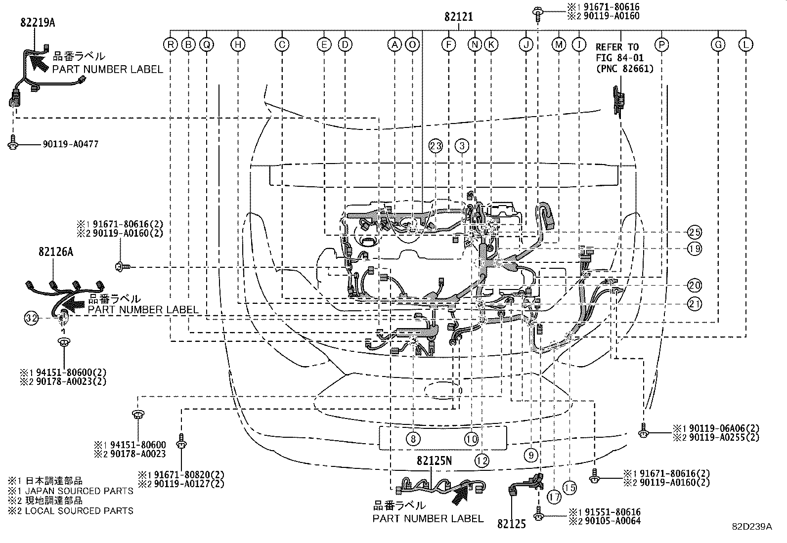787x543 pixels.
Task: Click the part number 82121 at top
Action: pyautogui.click(x=458, y=17)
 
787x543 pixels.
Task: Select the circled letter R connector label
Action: pyautogui.click(x=170, y=45)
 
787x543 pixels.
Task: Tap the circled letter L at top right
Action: pyautogui.click(x=745, y=45)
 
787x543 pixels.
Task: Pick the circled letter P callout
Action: pyautogui.click(x=661, y=45)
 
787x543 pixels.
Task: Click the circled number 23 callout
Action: pyautogui.click(x=435, y=146)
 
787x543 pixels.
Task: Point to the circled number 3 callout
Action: pyautogui.click(x=462, y=146)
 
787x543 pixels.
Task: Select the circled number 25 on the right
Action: pyautogui.click(x=695, y=232)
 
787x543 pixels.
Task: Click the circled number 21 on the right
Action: pyautogui.click(x=695, y=304)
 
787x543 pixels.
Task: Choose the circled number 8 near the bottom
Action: pyautogui.click(x=413, y=438)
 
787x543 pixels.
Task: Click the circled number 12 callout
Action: pyautogui.click(x=482, y=460)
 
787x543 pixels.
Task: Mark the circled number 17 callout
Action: pyautogui.click(x=554, y=496)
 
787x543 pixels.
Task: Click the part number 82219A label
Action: pyautogui.click(x=38, y=22)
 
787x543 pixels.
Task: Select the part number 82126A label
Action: pyautogui.click(x=56, y=252)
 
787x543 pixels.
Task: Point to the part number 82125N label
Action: pyautogui.click(x=434, y=460)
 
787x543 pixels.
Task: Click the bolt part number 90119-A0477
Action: pyautogui.click(x=71, y=144)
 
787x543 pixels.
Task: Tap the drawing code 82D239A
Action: pyautogui.click(x=752, y=527)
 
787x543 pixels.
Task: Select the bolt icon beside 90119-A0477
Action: pyautogui.click(x=13, y=143)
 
